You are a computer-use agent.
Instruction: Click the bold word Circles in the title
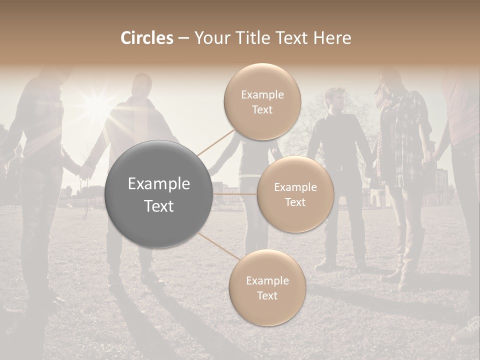146,38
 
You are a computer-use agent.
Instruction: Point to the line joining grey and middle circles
235,194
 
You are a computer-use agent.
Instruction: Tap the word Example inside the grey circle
159,184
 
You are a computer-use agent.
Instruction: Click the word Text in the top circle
262,109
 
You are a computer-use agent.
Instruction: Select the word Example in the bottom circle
267,281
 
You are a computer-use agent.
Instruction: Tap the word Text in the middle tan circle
295,202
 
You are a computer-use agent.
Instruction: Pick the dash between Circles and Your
183,38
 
